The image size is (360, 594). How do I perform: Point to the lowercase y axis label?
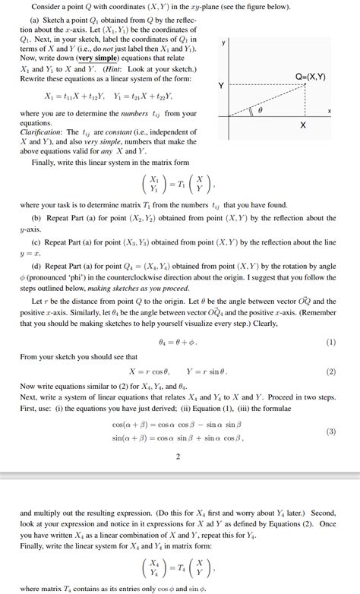[223, 43]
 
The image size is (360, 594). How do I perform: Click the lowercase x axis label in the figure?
[330, 111]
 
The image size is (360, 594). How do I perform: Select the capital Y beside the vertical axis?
[221, 85]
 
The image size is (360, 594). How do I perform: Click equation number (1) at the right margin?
[330, 342]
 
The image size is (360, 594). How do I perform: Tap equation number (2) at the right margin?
[330, 372]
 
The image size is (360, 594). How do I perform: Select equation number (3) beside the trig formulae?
[330, 431]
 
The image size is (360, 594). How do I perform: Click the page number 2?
[177, 457]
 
